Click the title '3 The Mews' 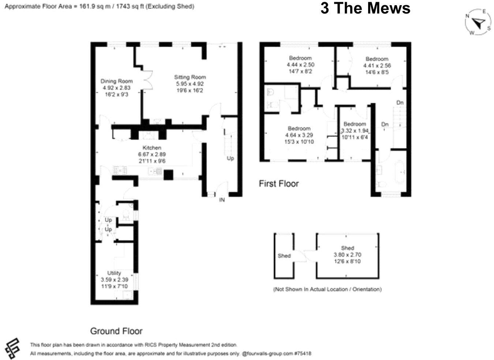[365, 8]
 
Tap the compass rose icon [478, 23]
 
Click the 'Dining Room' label [116, 81]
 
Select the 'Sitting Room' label [190, 77]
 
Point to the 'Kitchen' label [151, 148]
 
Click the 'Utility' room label [114, 273]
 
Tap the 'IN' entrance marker [222, 200]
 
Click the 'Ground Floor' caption [116, 331]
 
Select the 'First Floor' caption [279, 183]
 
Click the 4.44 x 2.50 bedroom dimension [300, 65]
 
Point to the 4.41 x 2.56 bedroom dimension [377, 66]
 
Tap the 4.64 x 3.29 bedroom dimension [299, 135]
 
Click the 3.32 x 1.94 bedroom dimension [355, 131]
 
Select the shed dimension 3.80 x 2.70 [347, 255]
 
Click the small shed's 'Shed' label [284, 256]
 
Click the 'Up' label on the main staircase [230, 158]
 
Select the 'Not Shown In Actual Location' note [328, 289]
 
